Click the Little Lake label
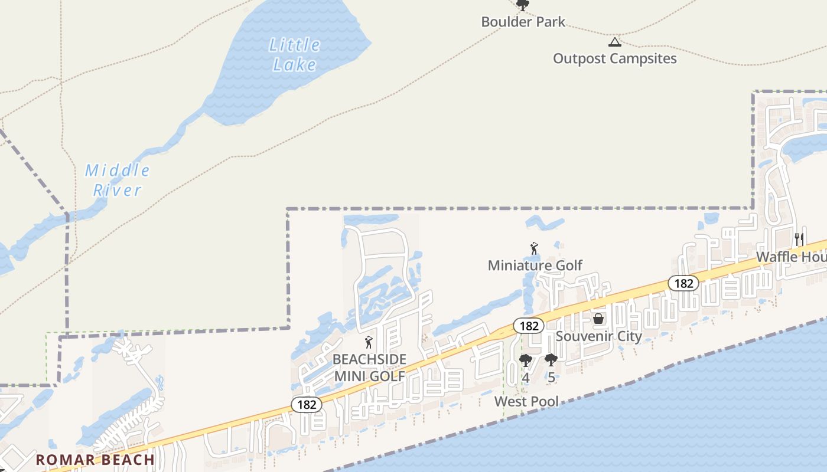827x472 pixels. coord(294,54)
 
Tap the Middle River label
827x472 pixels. coord(118,181)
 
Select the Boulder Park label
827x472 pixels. coord(523,22)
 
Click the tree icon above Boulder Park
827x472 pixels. coord(522,5)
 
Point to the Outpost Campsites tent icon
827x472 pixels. coord(615,42)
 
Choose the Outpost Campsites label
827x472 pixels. coord(614,58)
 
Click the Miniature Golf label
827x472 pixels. coord(535,265)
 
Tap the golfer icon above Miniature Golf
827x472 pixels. coord(534,248)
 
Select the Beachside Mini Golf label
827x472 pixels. coord(369,368)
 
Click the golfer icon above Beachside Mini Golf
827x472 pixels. coord(369,342)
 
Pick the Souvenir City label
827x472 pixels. coord(598,336)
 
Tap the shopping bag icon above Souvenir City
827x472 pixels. coord(598,319)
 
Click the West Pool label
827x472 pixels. coord(526,402)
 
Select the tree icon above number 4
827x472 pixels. coord(525,360)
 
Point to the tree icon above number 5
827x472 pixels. coord(551,359)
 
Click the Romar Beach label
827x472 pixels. coord(95,460)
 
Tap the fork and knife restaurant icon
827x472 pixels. coord(799,239)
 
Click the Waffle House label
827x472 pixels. coord(792,257)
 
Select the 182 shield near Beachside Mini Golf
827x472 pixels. coord(307,405)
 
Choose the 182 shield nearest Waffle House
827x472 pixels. coord(683,283)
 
